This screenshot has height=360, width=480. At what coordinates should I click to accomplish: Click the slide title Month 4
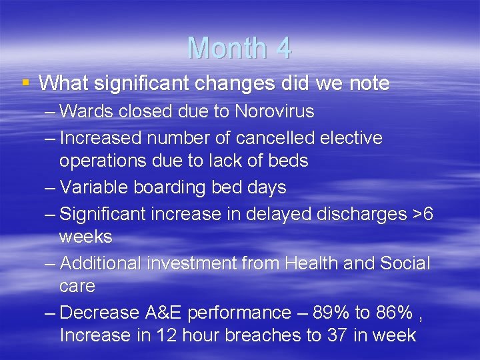pyautogui.click(x=239, y=48)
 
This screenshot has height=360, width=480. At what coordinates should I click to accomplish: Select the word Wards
pyautogui.click(x=87, y=111)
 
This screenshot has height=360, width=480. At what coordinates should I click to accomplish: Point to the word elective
pyautogui.click(x=351, y=138)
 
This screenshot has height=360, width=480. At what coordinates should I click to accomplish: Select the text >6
pyautogui.click(x=421, y=214)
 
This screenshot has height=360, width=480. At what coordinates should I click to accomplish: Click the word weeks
pyautogui.click(x=85, y=237)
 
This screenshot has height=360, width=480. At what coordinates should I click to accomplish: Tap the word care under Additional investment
pyautogui.click(x=77, y=286)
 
